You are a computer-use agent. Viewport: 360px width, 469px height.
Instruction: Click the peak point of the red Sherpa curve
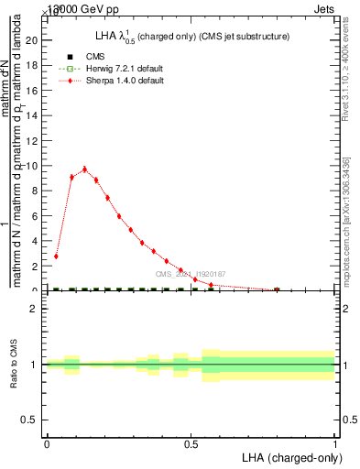tap(84, 169)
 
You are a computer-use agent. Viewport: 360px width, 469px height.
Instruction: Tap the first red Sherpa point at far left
tap(57, 256)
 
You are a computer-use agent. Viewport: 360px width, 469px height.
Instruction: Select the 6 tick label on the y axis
tap(35, 216)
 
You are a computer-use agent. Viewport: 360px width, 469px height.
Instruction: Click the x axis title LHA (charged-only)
tap(288, 456)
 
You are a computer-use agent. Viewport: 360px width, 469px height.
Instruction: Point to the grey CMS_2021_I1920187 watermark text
tap(191, 274)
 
